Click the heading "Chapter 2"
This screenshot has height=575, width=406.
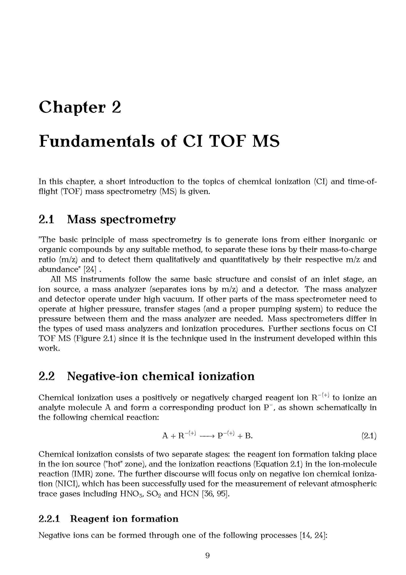80,107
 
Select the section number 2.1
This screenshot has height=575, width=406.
46,220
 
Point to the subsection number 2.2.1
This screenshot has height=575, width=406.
49,519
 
